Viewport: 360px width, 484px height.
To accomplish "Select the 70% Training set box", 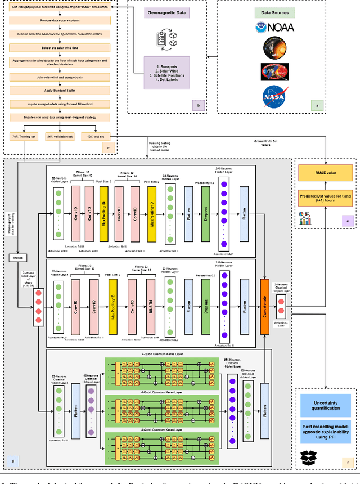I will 22,137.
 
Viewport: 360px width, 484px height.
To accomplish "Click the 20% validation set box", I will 60,137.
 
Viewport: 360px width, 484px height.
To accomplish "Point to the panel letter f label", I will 345,463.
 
